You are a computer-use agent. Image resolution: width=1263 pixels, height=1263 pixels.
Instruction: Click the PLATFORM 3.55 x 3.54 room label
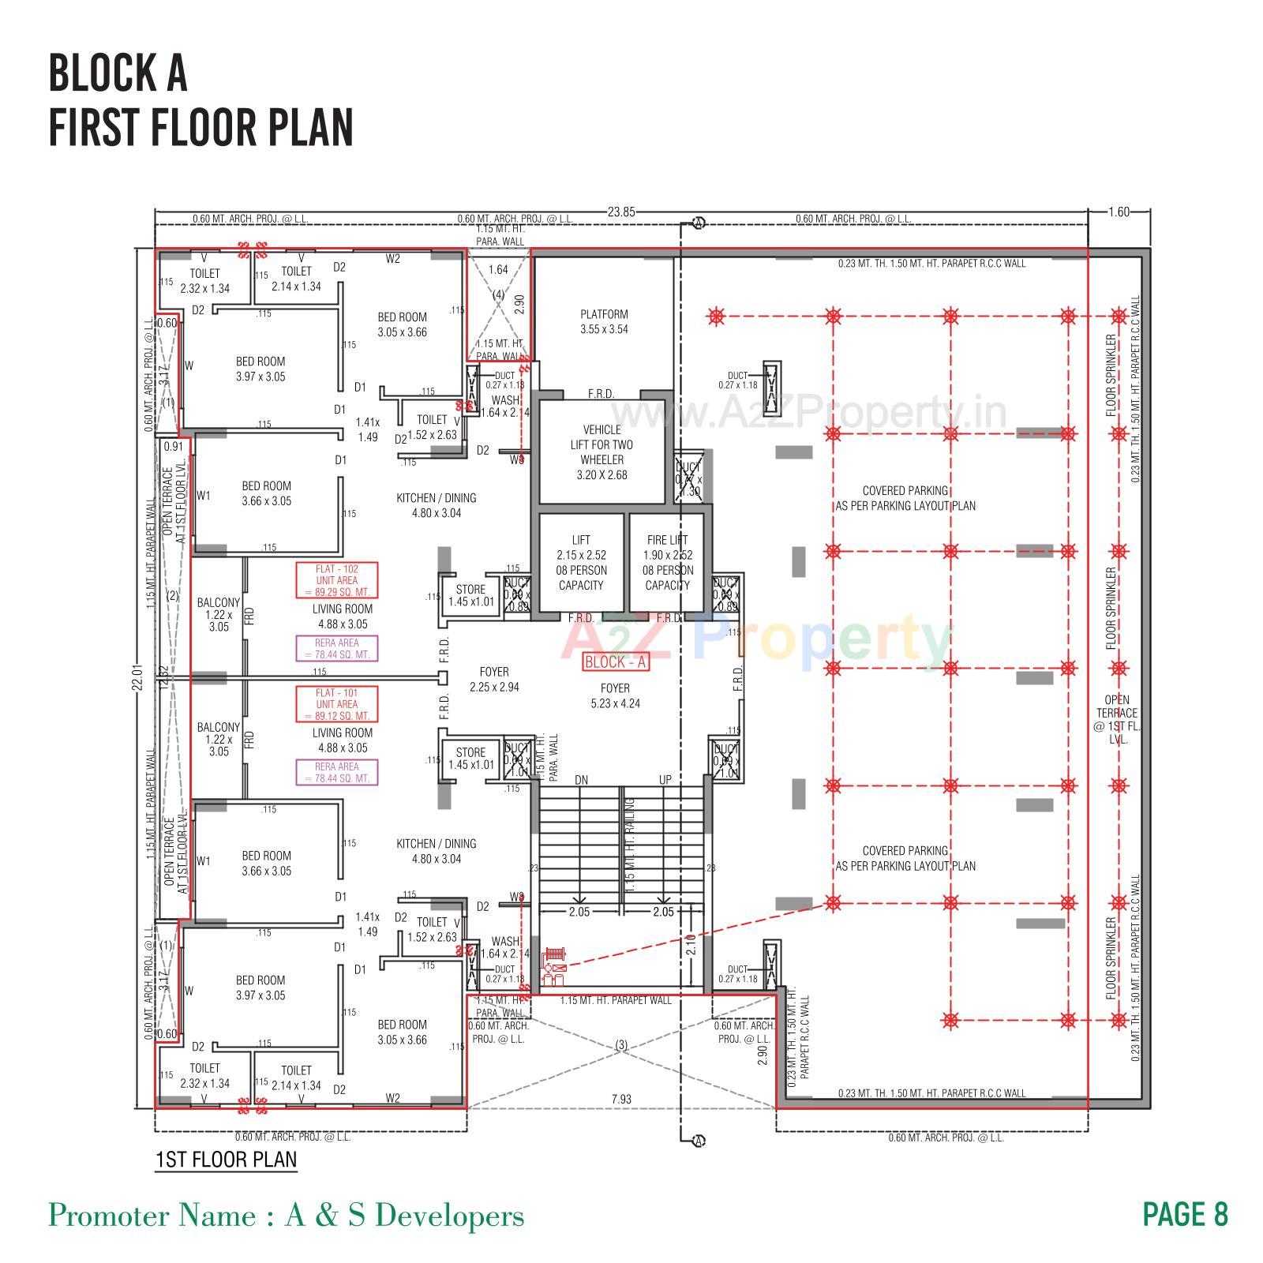click(x=604, y=322)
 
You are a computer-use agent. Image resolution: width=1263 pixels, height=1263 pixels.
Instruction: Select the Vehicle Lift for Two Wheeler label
click(x=602, y=452)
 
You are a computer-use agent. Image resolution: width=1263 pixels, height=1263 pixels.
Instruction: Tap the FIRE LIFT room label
click(x=667, y=562)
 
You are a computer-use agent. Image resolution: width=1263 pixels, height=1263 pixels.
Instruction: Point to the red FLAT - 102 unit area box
click(x=337, y=580)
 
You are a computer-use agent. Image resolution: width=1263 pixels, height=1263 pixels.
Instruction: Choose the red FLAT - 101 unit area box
click(x=337, y=704)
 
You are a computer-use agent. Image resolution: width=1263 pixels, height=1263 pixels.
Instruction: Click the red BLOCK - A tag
click(x=616, y=662)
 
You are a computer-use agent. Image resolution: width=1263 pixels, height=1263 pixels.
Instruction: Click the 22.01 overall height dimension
click(x=136, y=677)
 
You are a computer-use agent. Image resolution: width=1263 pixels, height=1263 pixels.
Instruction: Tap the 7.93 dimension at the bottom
click(x=621, y=1099)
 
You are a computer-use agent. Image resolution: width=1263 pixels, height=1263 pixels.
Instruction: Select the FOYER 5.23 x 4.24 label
click(x=615, y=695)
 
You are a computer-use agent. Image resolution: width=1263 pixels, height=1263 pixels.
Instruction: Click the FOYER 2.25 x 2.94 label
click(x=494, y=679)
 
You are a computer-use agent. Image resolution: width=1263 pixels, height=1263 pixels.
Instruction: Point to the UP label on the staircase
click(x=665, y=780)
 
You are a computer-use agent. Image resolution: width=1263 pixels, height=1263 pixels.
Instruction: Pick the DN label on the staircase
click(x=581, y=780)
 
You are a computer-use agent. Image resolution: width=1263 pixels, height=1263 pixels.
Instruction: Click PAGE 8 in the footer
click(x=1186, y=1214)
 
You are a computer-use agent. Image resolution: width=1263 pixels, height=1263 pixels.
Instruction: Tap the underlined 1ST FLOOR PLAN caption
click(x=226, y=1160)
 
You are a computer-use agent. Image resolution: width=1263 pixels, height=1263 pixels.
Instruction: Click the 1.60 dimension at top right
click(x=1119, y=212)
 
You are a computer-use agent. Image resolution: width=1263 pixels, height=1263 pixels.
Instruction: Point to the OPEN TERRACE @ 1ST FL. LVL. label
click(x=1117, y=719)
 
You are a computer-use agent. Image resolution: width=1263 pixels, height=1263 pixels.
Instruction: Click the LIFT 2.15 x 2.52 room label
click(x=581, y=562)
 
